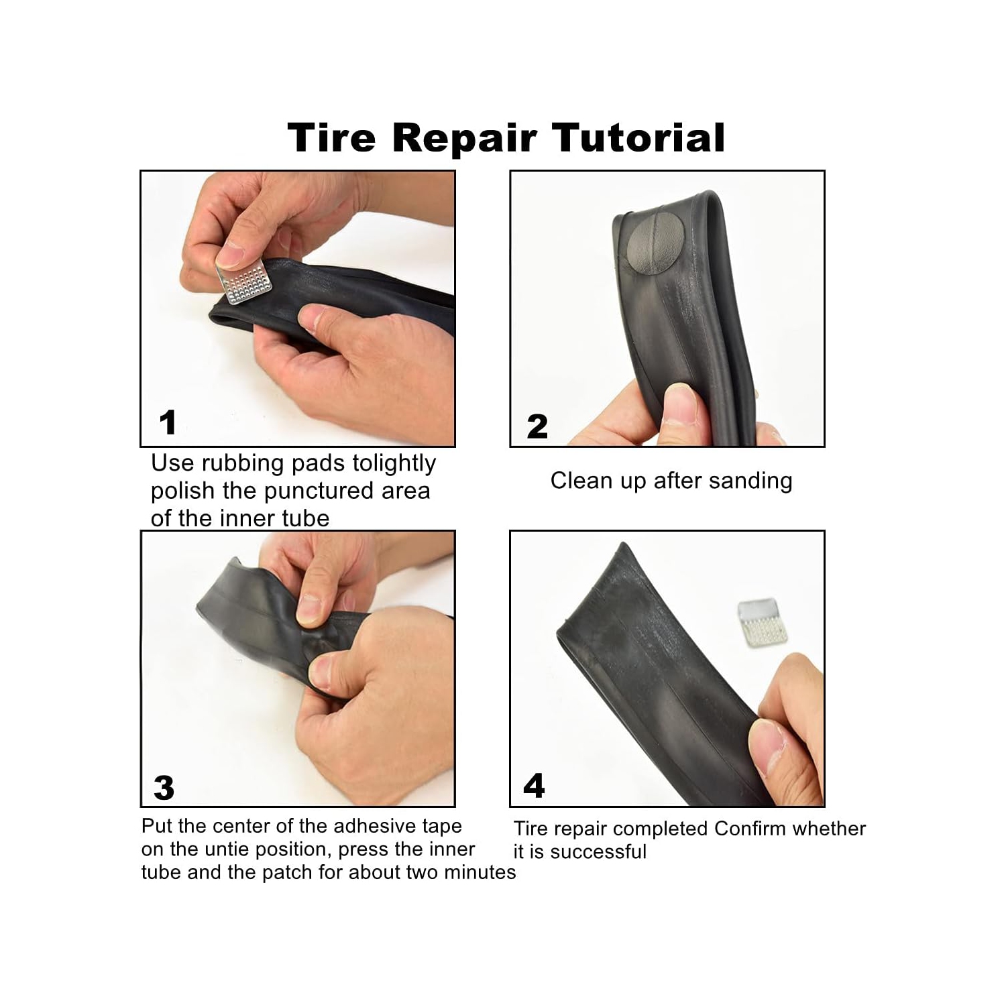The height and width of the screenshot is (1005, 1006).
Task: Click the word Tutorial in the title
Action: pyautogui.click(x=638, y=137)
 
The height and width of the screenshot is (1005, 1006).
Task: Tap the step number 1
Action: pyautogui.click(x=168, y=422)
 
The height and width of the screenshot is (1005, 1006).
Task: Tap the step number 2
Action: pyautogui.click(x=537, y=427)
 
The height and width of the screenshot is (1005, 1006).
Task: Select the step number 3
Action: pyautogui.click(x=164, y=788)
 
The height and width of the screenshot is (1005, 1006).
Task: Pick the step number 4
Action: pyautogui.click(x=534, y=786)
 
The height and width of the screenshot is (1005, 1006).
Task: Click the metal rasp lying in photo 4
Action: pyautogui.click(x=763, y=622)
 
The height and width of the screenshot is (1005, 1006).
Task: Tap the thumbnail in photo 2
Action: pyautogui.click(x=679, y=405)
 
